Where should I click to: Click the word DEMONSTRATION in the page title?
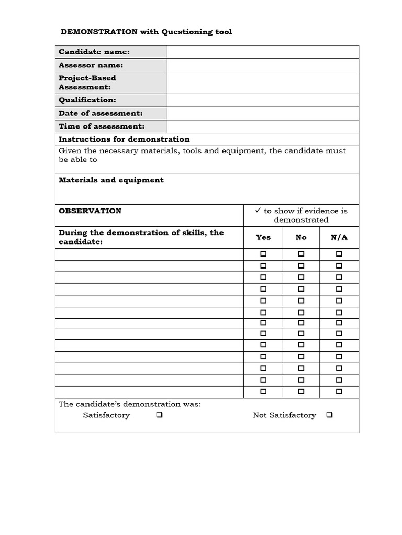[99, 32]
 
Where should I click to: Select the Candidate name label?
[94, 52]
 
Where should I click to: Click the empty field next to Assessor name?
[263, 65]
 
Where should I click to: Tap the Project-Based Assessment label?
[87, 83]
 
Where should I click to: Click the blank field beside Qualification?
[263, 100]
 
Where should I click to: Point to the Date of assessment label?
[100, 113]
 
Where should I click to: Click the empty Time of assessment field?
[263, 126]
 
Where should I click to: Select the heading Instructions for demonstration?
[124, 139]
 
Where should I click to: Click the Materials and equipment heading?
[111, 180]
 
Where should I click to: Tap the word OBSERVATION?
[90, 211]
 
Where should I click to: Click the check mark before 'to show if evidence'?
[258, 211]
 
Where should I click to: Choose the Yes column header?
[263, 237]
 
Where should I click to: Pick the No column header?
[301, 237]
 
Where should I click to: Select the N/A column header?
[339, 237]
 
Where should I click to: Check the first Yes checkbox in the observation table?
[263, 254]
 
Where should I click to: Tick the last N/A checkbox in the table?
[339, 391]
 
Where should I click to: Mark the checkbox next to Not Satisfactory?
[329, 415]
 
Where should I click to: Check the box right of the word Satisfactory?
[159, 415]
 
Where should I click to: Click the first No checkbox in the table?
[301, 254]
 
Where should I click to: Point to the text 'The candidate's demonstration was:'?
[130, 404]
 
